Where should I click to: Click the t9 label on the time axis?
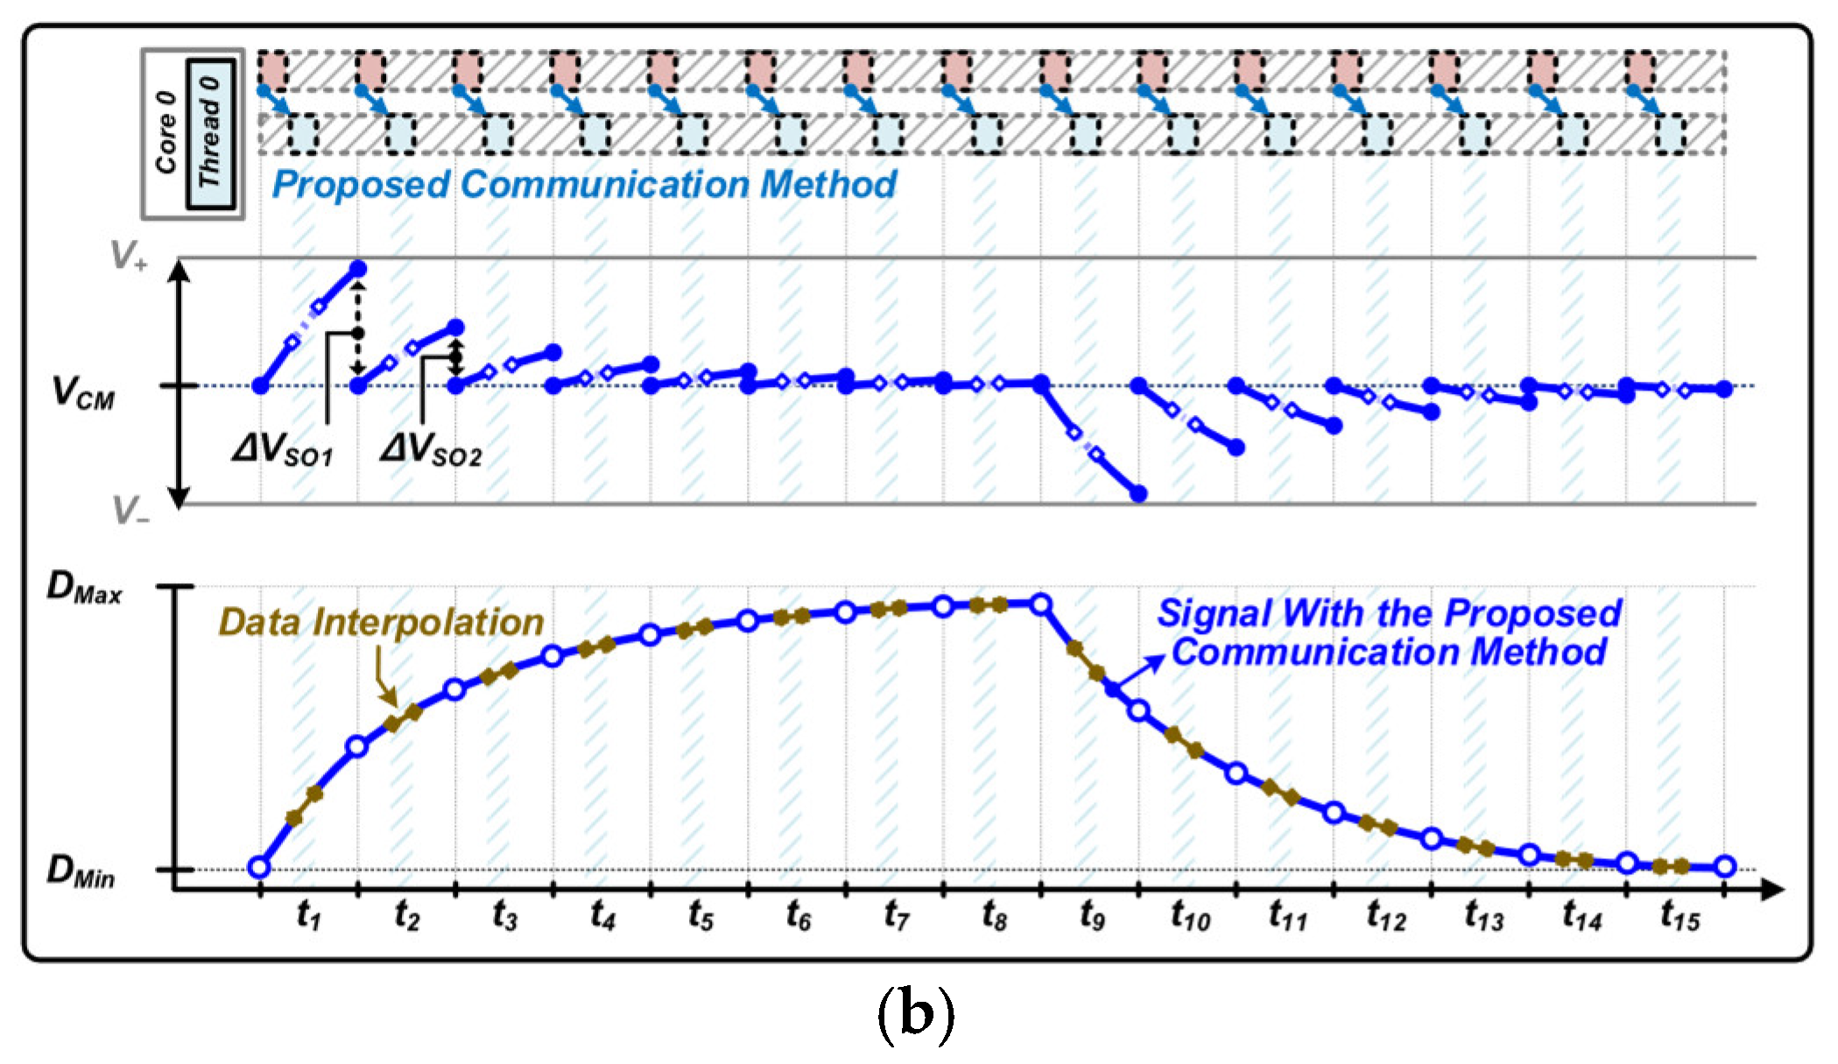1091,916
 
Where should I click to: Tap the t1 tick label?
309,916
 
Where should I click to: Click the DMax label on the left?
84,588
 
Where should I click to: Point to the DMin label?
81,871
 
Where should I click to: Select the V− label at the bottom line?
130,510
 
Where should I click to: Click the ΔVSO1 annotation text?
283,450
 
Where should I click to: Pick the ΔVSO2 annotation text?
431,450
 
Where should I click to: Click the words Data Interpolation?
381,623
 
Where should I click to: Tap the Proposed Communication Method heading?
584,185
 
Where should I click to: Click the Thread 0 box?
210,133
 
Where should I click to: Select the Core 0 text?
165,133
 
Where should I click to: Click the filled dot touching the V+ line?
358,269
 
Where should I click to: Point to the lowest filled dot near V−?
1138,494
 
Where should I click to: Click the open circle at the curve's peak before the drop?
1041,604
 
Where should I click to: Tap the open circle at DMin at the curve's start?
259,867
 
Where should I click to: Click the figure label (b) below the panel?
916,1015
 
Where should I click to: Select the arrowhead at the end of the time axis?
1773,890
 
